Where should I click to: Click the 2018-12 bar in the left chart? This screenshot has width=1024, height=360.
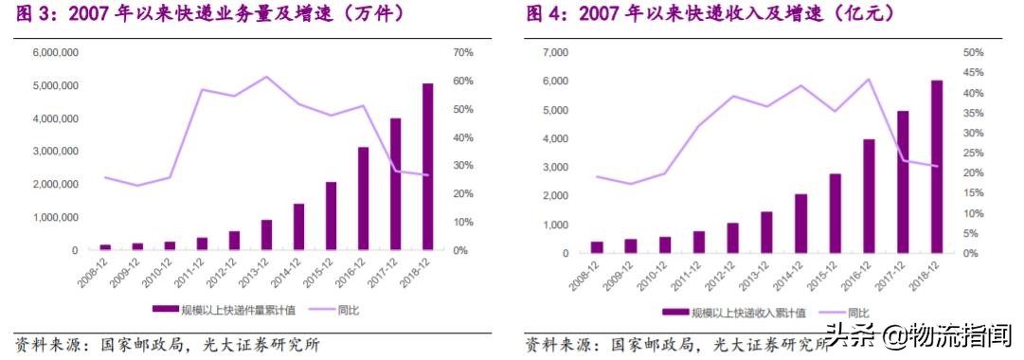428,167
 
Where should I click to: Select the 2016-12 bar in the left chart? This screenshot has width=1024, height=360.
363,199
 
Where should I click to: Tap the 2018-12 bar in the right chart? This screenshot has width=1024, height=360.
937,167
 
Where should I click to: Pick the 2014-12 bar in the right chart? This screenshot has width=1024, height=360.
800,224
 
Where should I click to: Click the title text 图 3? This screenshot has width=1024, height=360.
28,13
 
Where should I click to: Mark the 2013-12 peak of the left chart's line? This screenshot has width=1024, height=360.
266,77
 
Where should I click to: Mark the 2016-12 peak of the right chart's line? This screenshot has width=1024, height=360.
869,79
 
